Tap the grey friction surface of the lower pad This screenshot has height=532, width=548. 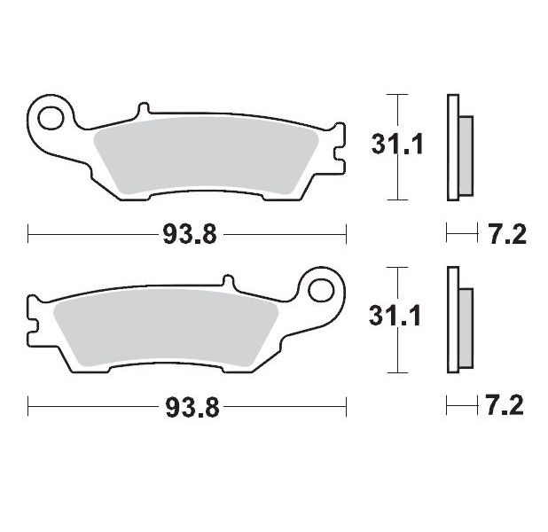point(168,327)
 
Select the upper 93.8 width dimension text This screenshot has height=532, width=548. point(186,235)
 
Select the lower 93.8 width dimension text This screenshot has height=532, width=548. point(186,408)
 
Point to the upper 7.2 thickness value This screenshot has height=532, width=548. point(507,235)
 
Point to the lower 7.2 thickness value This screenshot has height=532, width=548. point(507,408)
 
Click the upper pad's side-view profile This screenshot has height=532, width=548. point(459,147)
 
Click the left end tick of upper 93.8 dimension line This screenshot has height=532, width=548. point(28,235)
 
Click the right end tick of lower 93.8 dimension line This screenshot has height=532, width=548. point(345,408)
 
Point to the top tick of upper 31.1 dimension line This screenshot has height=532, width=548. point(397,93)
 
